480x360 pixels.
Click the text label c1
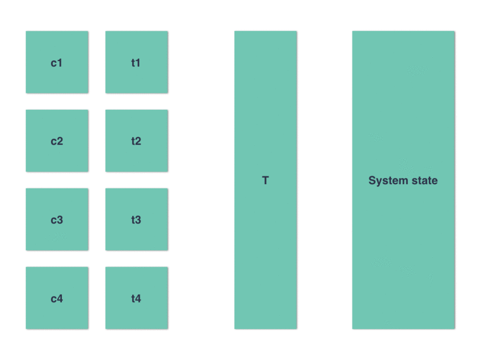coord(57,63)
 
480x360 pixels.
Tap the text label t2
coord(136,142)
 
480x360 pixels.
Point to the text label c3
coord(57,220)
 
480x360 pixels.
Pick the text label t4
coord(136,299)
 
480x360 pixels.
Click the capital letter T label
coord(265,181)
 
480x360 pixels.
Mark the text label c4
coord(57,299)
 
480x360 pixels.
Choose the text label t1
coord(136,63)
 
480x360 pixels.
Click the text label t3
coord(136,220)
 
